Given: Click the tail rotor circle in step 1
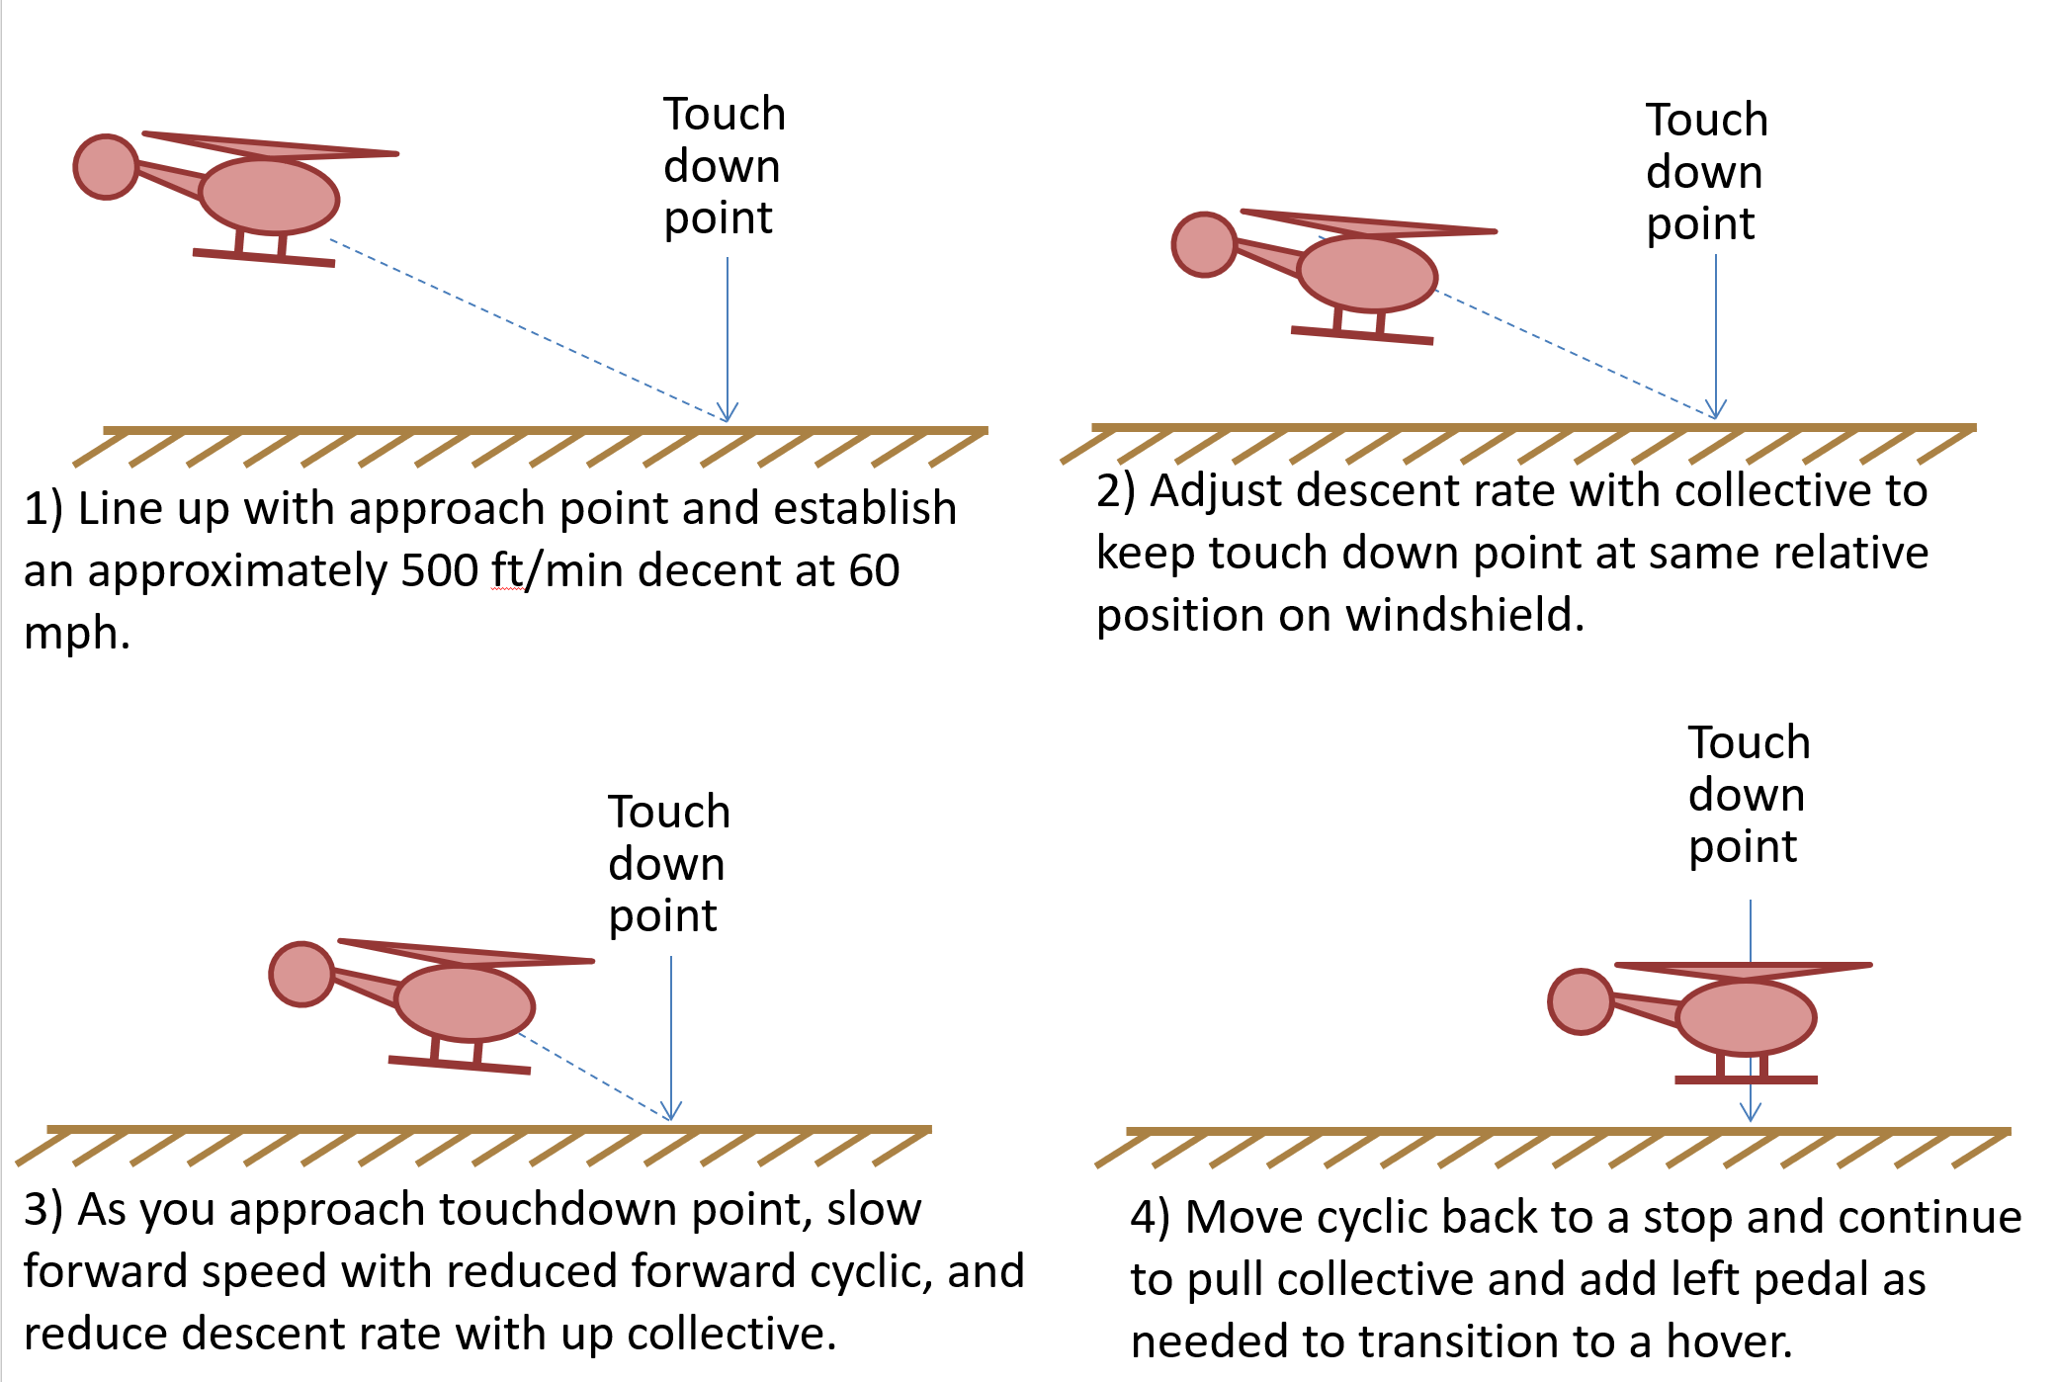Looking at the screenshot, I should [106, 167].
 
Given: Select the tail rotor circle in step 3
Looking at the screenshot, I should [301, 975].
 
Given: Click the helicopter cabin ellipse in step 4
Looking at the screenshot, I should [1747, 1017].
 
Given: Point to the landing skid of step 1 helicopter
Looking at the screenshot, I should [264, 258].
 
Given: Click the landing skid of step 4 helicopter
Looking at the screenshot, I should [1746, 1080].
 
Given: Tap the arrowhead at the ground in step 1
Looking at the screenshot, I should [728, 413].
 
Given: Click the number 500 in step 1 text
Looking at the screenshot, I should [439, 570].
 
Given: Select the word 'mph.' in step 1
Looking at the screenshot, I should [77, 633].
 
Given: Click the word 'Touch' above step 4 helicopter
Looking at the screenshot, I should [1749, 742].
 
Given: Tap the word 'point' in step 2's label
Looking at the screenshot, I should [1700, 224].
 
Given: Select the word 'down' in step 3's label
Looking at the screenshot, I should [666, 864].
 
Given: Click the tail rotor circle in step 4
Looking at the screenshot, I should [1581, 1001].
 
